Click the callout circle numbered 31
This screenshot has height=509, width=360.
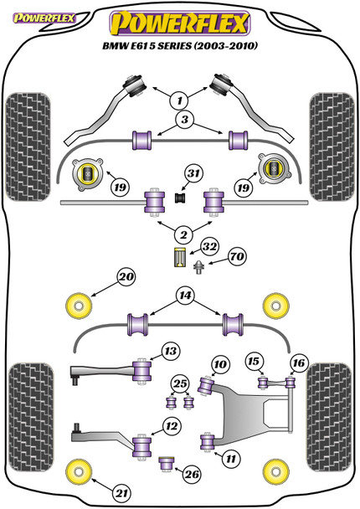coord(193,173)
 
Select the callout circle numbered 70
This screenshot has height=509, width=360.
coord(237,257)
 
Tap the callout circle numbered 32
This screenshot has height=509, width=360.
coord(209,247)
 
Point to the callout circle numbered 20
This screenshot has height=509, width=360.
coord(126,277)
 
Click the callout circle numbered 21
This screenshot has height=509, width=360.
coord(121,494)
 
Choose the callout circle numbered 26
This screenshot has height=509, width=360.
coord(192,475)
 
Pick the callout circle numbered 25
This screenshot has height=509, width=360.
coord(180,384)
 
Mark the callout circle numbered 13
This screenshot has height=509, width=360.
coord(171,351)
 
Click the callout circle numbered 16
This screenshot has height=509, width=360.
coord(299,362)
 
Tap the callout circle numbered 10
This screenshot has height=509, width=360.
coord(220,364)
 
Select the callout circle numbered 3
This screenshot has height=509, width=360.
coord(185,120)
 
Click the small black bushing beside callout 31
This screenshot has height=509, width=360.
coord(180,198)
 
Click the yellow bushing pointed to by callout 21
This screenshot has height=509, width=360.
coord(79,470)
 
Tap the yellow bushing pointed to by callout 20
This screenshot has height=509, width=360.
coord(79,306)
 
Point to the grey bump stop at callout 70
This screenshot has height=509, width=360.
coord(198,267)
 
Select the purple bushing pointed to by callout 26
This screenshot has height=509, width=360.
coord(167,464)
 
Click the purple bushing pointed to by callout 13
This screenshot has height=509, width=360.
coord(142,371)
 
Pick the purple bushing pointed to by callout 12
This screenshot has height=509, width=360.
coord(142,446)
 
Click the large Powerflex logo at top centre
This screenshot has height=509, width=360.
coord(180,23)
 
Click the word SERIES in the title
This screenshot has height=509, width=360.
coord(175,46)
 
